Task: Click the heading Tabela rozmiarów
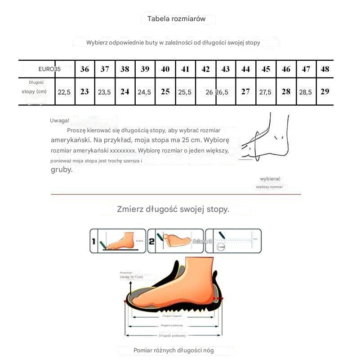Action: pyautogui.click(x=176, y=19)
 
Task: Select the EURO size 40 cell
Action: pyautogui.click(x=165, y=69)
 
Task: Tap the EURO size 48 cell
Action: pyautogui.click(x=325, y=69)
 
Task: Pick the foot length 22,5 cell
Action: pyautogui.click(x=64, y=92)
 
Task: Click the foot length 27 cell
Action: pyautogui.click(x=245, y=91)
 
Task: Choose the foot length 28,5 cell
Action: pyautogui.click(x=305, y=92)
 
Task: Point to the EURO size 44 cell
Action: pyautogui.click(x=245, y=69)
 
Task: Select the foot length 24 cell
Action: pyautogui.click(x=125, y=91)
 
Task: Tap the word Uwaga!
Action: pyautogui.click(x=60, y=120)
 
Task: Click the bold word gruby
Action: pyautogui.click(x=61, y=170)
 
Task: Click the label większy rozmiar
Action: pyautogui.click(x=270, y=187)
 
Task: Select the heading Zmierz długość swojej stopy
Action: pyautogui.click(x=173, y=209)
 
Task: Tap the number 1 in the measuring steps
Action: pyautogui.click(x=93, y=242)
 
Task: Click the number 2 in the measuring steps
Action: pyautogui.click(x=152, y=242)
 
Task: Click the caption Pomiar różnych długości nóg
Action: pyautogui.click(x=173, y=350)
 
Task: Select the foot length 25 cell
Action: pyautogui.click(x=165, y=91)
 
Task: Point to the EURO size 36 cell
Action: pyautogui.click(x=84, y=69)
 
